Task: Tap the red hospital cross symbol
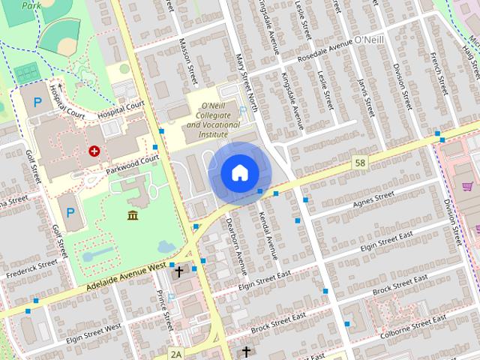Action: click(x=94, y=151)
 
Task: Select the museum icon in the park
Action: click(x=133, y=216)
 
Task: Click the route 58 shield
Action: click(x=361, y=162)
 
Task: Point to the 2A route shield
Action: click(x=176, y=353)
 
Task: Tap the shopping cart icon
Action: click(x=467, y=186)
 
